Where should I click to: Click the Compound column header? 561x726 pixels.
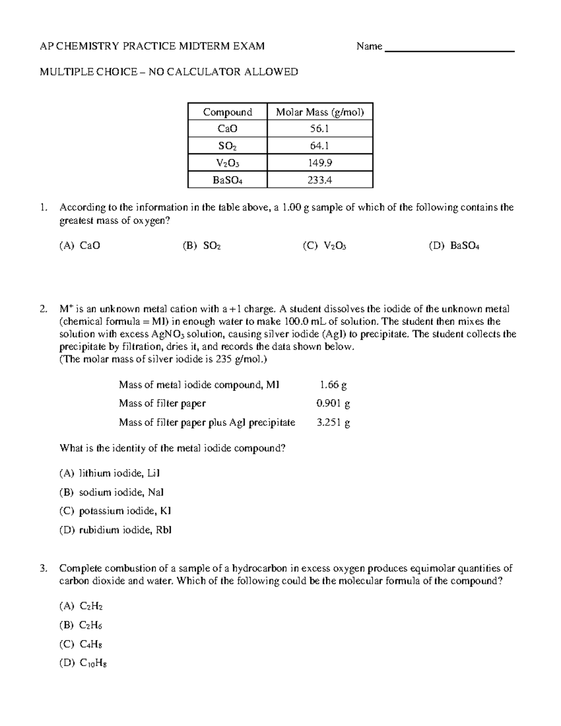click(227, 112)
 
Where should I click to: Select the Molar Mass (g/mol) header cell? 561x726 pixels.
click(320, 112)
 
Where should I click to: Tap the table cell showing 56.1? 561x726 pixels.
click(320, 129)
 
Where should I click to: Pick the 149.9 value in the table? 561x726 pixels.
click(320, 163)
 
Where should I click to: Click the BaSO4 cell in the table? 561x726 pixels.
click(227, 180)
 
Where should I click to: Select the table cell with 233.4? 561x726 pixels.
click(320, 180)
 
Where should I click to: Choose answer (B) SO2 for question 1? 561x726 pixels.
click(201, 246)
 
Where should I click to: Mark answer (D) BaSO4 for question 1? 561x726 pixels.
click(454, 246)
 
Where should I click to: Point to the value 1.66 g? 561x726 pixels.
click(333, 385)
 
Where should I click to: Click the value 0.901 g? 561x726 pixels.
click(333, 403)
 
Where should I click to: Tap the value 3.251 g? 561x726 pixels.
click(333, 423)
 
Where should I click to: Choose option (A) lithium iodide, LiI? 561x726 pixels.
click(109, 474)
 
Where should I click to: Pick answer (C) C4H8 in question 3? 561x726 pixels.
click(81, 645)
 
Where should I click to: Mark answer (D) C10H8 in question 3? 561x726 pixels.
click(83, 663)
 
